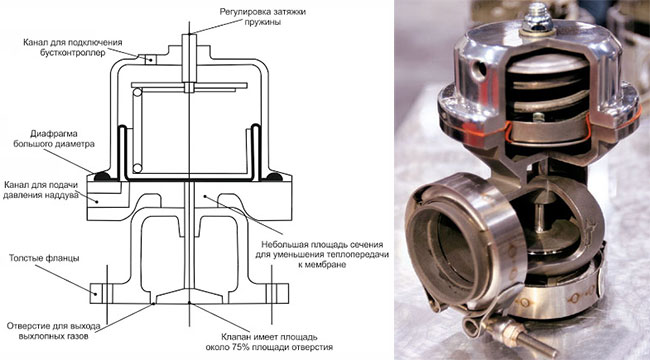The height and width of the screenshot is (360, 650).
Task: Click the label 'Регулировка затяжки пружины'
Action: pyautogui.click(x=262, y=17)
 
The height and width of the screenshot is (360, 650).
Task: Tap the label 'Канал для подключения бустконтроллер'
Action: pyautogui.click(x=73, y=48)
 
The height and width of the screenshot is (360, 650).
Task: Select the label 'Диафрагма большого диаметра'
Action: pyautogui.click(x=54, y=139)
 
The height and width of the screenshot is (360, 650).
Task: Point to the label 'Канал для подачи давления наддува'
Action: pyautogui.click(x=41, y=190)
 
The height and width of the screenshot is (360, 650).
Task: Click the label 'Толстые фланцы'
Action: pyautogui.click(x=44, y=258)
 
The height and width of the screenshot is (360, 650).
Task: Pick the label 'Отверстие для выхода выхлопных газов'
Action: pyautogui.click(x=53, y=331)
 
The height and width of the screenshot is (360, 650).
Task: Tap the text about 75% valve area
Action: pyautogui.click(x=269, y=341)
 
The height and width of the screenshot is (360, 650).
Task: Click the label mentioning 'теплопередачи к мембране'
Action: pyautogui.click(x=322, y=254)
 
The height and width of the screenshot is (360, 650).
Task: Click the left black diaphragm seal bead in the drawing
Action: pyautogui.click(x=102, y=177)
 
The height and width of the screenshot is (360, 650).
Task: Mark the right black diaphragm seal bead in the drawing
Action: pyautogui.click(x=274, y=177)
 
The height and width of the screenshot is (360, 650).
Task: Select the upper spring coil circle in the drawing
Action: pyautogui.click(x=137, y=92)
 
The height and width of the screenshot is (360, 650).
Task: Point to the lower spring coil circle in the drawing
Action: pyautogui.click(x=137, y=168)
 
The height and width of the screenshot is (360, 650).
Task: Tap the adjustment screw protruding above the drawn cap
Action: pyautogui.click(x=189, y=58)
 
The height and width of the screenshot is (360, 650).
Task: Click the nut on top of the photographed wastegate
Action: pyautogui.click(x=538, y=19)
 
